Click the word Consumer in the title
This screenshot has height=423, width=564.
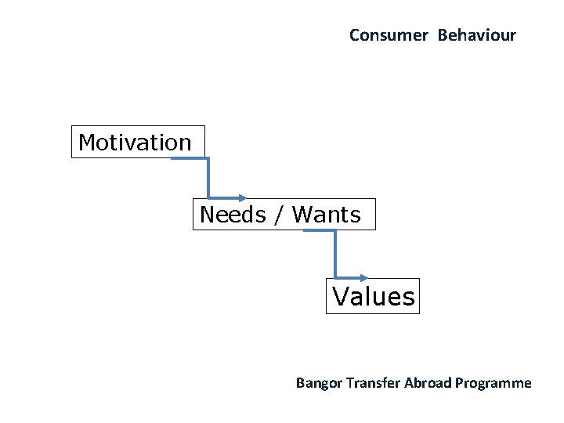pos(389,35)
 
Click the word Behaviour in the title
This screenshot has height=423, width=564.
pos(477,35)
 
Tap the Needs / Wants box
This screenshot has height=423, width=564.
pos(284,214)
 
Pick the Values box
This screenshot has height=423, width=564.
pos(373,296)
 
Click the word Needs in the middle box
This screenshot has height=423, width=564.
pos(233,214)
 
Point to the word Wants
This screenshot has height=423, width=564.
pos(326,214)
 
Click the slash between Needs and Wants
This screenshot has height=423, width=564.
pos(279,214)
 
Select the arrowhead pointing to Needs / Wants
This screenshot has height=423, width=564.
pos(242,198)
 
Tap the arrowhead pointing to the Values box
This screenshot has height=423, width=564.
pos(363,277)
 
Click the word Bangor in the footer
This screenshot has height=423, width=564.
pos(318,383)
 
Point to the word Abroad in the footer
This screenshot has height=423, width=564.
pos(428,383)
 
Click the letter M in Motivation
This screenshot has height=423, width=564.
pos(87,143)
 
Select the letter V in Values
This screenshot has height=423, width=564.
pos(341,297)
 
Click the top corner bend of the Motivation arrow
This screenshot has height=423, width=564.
pos(208,159)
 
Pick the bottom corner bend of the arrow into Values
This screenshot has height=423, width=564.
pos(335,277)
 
